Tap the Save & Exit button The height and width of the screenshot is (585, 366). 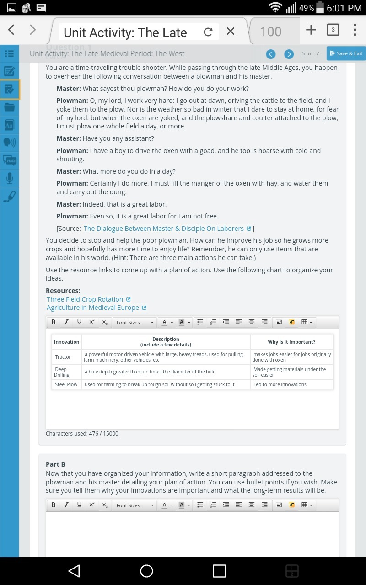click(x=346, y=53)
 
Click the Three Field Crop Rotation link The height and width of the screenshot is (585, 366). click(x=85, y=299)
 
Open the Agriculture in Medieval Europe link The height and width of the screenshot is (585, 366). click(x=92, y=308)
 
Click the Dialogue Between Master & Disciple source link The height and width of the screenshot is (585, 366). click(x=163, y=229)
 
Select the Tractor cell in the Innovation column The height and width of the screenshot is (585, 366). click(x=63, y=357)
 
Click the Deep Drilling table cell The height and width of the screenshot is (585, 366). click(x=62, y=372)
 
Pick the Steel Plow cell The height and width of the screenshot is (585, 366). click(x=66, y=384)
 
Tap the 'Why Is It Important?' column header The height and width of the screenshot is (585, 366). click(x=291, y=342)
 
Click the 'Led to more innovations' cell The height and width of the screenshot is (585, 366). click(x=280, y=384)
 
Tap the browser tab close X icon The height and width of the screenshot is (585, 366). click(x=231, y=31)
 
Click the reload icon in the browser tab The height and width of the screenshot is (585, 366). click(x=208, y=32)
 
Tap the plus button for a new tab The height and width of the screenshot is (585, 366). click(x=311, y=30)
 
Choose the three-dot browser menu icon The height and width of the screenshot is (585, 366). click(x=355, y=30)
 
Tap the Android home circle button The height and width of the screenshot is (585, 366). click(x=146, y=571)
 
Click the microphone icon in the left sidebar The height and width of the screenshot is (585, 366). click(x=9, y=178)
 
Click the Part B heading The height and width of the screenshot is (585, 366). click(x=55, y=464)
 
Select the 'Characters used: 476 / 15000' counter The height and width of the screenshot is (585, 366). click(x=82, y=434)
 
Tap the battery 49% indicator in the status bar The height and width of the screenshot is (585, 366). click(x=311, y=8)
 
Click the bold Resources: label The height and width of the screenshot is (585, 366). click(x=63, y=291)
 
